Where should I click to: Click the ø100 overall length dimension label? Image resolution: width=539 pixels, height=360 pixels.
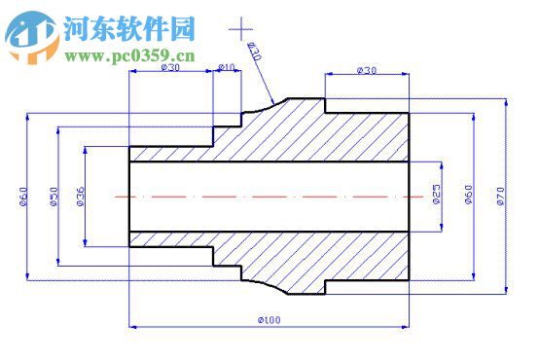(269, 319)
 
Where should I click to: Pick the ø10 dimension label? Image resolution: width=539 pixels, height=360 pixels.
(227, 68)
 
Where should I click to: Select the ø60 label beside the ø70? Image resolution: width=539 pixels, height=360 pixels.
(468, 196)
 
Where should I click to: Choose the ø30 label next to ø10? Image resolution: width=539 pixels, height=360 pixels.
(170, 68)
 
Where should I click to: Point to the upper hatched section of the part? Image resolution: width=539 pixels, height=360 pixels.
(321, 131)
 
